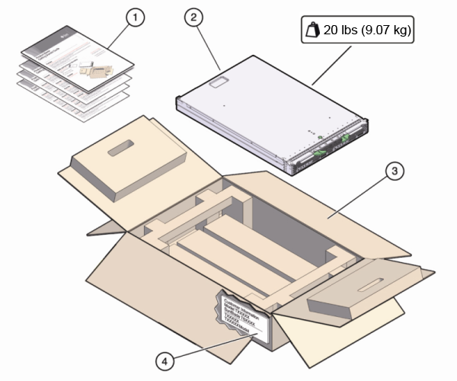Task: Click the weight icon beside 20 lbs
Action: click(x=311, y=31)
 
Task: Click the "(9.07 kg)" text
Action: click(x=389, y=31)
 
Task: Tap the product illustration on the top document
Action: click(x=94, y=72)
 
